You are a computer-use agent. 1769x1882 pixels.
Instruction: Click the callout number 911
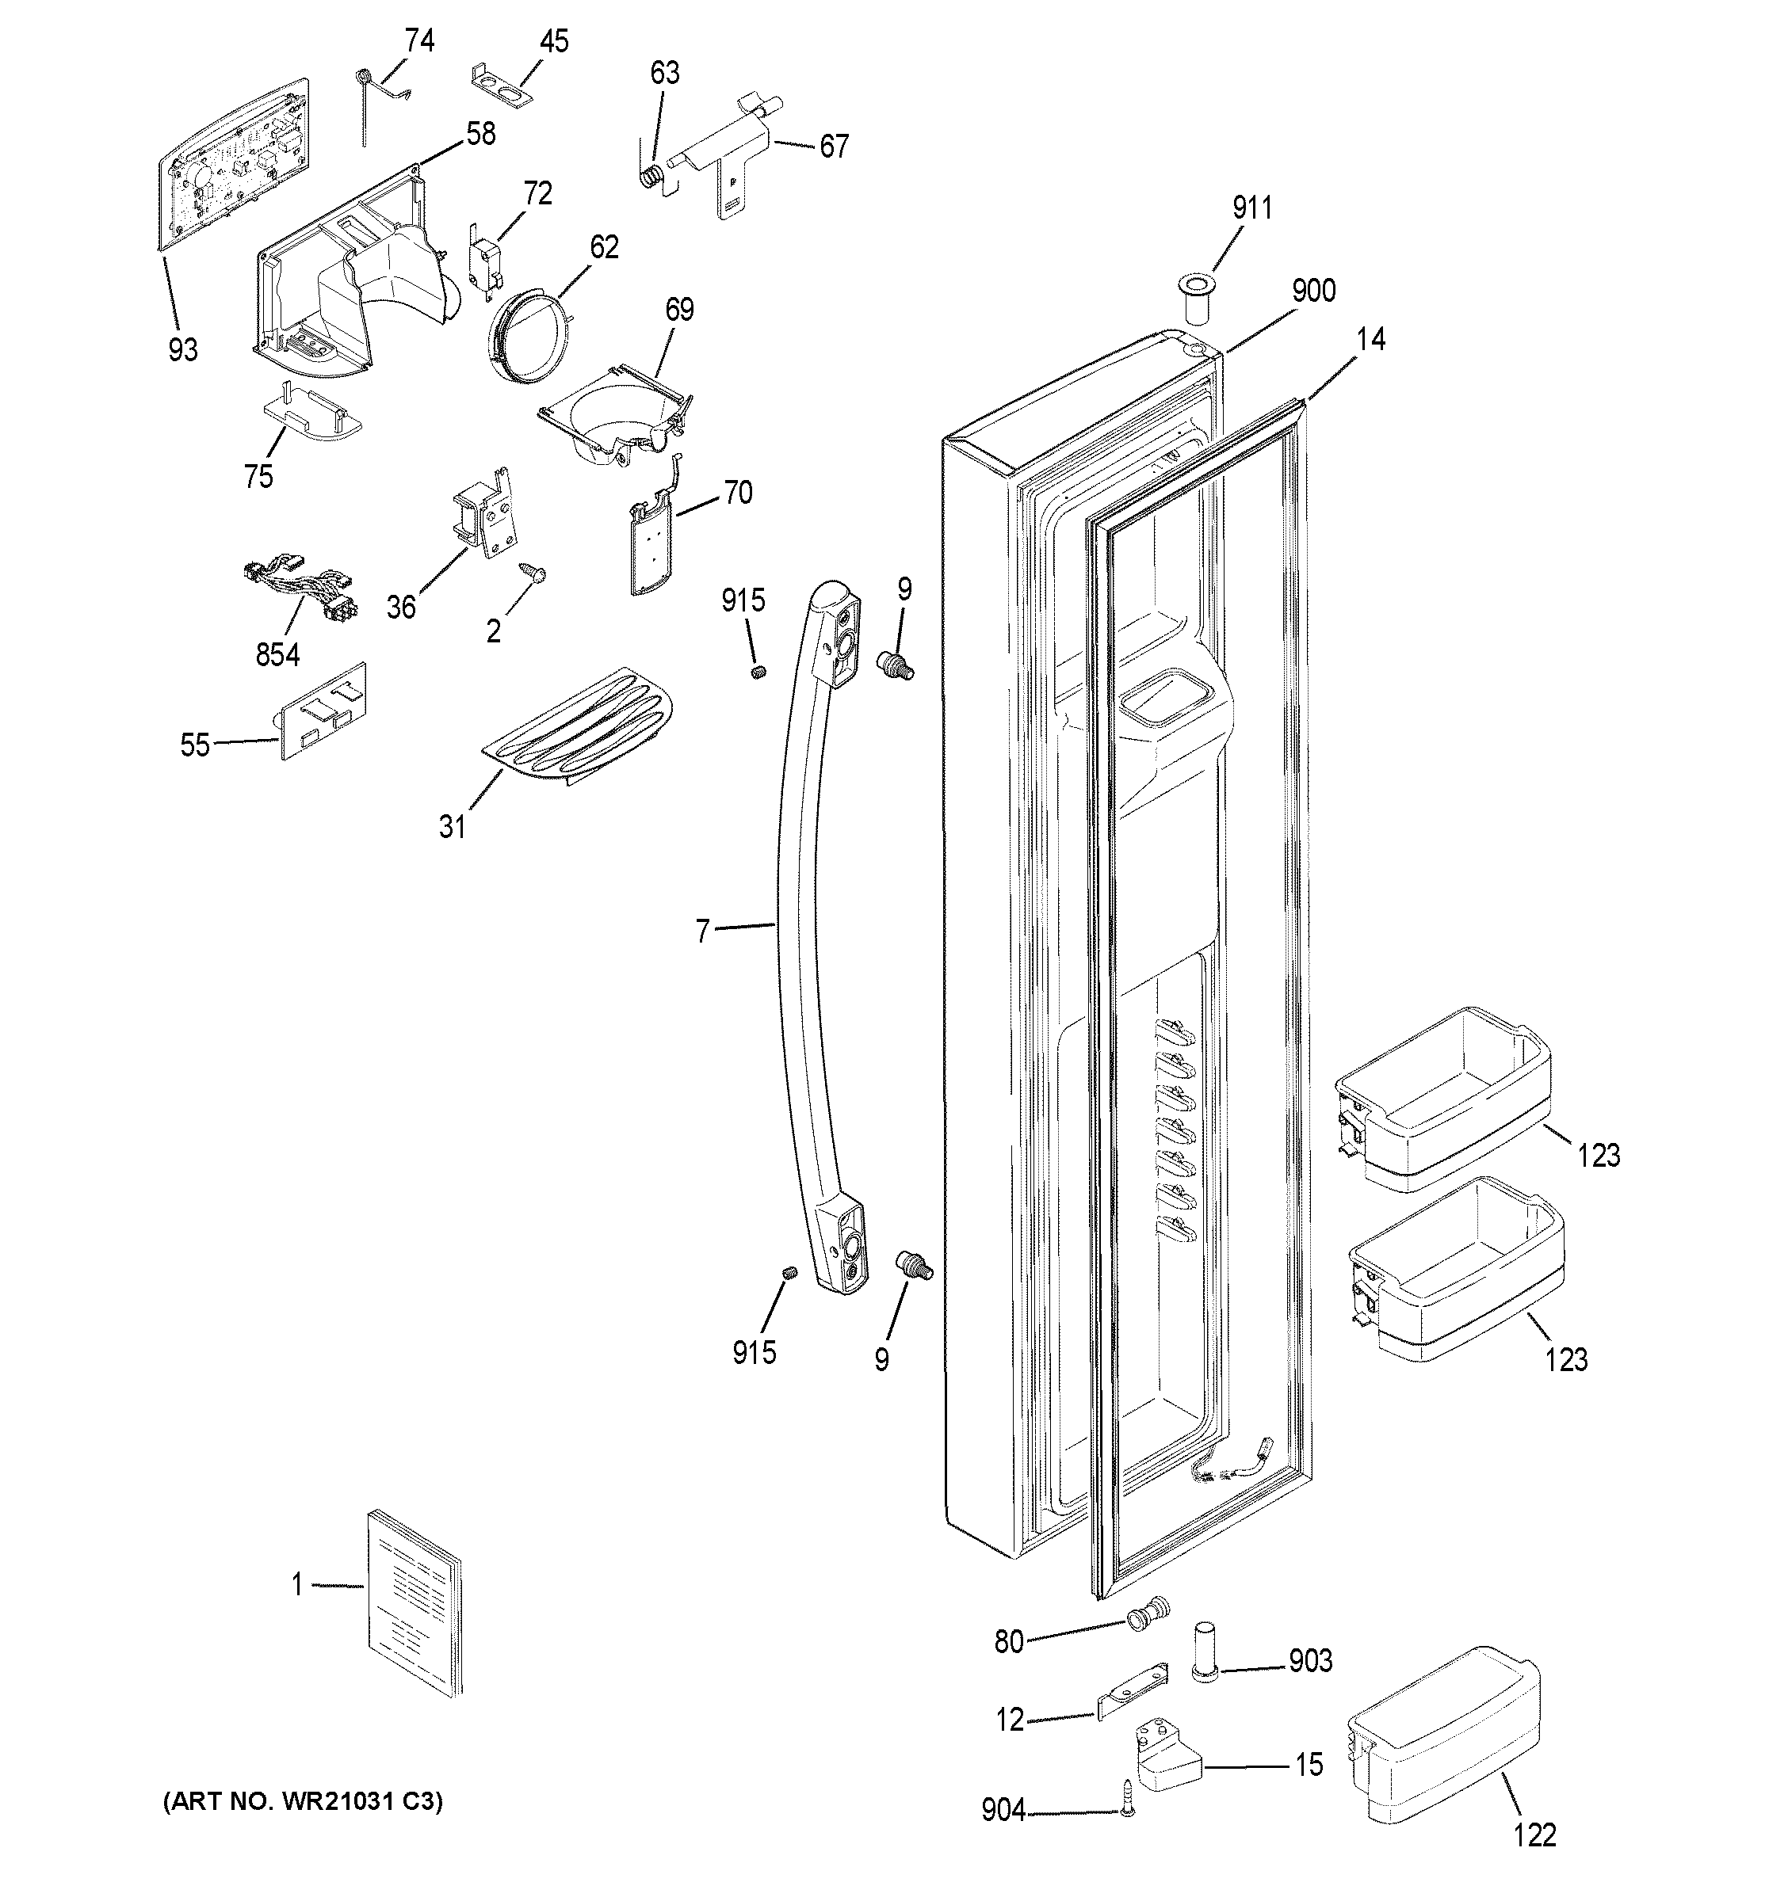pyautogui.click(x=1252, y=208)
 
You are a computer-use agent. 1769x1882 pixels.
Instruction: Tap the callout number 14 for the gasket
pyautogui.click(x=1370, y=339)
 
